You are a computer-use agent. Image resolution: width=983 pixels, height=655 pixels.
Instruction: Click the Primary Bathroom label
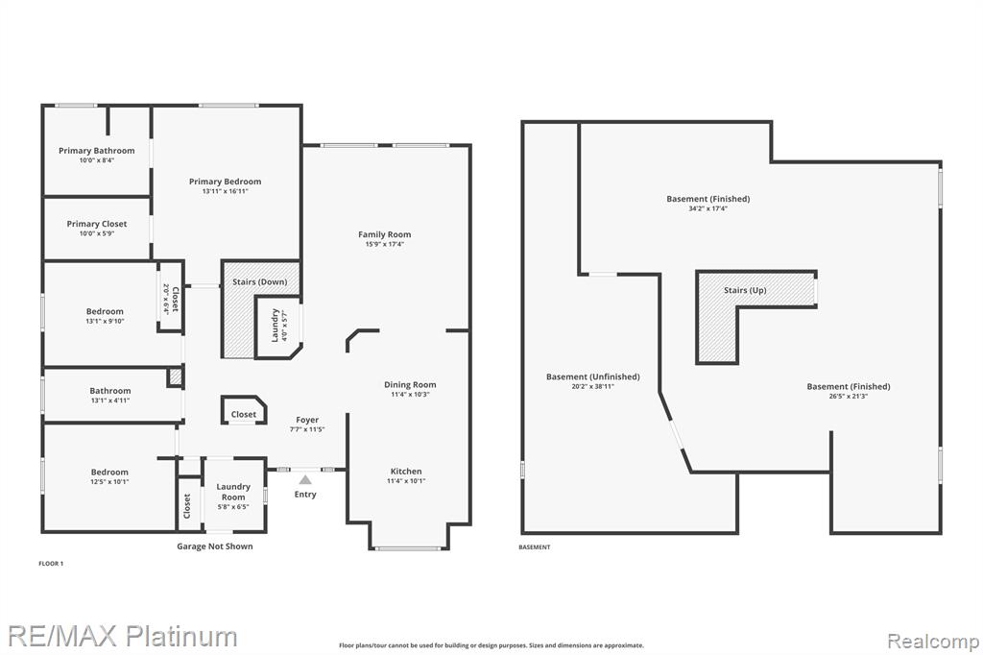pyautogui.click(x=97, y=151)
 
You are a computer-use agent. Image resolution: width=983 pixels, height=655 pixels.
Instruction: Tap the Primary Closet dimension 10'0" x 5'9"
pyautogui.click(x=97, y=233)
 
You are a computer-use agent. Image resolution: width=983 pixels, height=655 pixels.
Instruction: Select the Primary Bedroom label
pyautogui.click(x=225, y=182)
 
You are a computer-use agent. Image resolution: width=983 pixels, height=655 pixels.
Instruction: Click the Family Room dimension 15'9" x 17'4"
pyautogui.click(x=384, y=244)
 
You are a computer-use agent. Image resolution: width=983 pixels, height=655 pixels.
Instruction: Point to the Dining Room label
pyautogui.click(x=410, y=384)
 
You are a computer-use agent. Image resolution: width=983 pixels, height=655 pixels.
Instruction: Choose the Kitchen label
pyautogui.click(x=406, y=472)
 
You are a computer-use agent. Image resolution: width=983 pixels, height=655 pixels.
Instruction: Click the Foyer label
pyautogui.click(x=307, y=420)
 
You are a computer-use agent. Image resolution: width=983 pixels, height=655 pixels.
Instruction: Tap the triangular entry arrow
pyautogui.click(x=304, y=480)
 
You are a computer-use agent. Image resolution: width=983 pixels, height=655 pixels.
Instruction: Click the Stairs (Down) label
pyautogui.click(x=259, y=281)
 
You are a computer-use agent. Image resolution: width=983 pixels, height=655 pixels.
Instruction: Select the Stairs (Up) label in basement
pyautogui.click(x=745, y=290)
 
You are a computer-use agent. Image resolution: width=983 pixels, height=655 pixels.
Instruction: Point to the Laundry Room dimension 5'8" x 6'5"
pyautogui.click(x=233, y=507)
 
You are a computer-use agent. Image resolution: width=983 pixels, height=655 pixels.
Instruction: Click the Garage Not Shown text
pyautogui.click(x=215, y=546)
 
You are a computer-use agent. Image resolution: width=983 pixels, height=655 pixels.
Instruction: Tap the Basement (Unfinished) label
pyautogui.click(x=593, y=376)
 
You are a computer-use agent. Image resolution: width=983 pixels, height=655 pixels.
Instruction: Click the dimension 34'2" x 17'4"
pyautogui.click(x=707, y=208)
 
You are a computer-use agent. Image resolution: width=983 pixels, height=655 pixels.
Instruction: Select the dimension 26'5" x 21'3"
pyautogui.click(x=849, y=396)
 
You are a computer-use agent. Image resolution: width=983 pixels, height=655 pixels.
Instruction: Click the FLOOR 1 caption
pyautogui.click(x=51, y=564)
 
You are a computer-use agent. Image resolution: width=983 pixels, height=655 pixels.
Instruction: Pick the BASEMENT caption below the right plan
pyautogui.click(x=534, y=547)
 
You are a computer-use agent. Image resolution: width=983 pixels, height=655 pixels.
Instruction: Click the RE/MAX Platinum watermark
pyautogui.click(x=123, y=636)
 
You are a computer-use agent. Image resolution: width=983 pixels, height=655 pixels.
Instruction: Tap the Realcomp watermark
pyautogui.click(x=933, y=642)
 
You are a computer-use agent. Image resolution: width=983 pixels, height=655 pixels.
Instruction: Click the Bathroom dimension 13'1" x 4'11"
pyautogui.click(x=110, y=400)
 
